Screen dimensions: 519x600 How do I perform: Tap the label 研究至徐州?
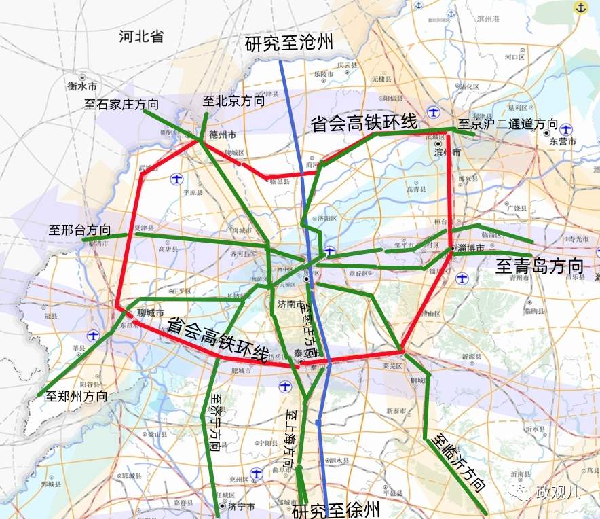(336, 510)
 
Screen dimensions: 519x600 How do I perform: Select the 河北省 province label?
(141, 37)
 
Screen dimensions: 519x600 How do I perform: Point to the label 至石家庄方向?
(121, 105)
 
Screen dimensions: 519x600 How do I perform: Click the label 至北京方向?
(233, 101)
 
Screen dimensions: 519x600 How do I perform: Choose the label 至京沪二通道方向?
(508, 124)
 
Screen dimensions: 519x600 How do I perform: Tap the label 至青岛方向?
(540, 265)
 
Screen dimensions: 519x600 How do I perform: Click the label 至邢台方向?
(79, 230)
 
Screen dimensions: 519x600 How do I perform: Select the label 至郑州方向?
(76, 395)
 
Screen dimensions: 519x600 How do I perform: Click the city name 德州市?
(222, 134)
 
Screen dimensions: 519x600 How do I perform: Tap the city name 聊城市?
(151, 314)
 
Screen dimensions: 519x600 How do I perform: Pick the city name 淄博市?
(471, 249)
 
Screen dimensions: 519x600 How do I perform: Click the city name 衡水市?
(82, 87)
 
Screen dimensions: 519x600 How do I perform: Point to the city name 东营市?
(563, 141)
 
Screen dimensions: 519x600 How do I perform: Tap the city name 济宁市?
(241, 507)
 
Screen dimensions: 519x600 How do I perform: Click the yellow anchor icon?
(580, 7)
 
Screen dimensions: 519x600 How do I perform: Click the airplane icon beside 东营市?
(567, 128)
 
